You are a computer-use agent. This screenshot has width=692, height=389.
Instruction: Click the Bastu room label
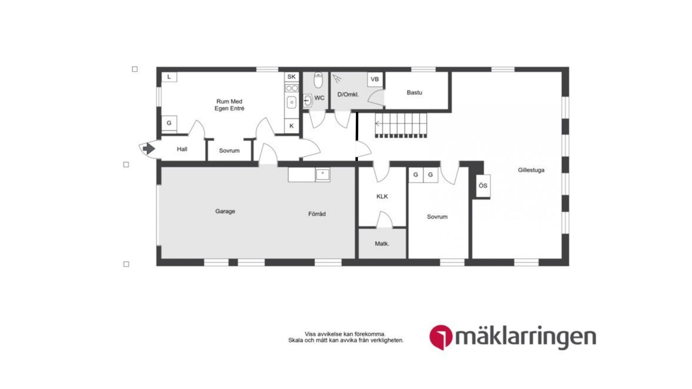click(414, 93)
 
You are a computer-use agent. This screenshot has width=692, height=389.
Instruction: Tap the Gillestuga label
click(531, 170)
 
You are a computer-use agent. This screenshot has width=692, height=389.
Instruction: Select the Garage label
click(225, 211)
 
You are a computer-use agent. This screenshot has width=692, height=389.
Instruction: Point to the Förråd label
click(317, 214)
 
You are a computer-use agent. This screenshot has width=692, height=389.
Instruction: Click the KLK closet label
click(382, 196)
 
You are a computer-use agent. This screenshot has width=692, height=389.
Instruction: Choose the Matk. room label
click(382, 243)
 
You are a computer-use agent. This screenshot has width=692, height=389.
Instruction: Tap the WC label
click(319, 98)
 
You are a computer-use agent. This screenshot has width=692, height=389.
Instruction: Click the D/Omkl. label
click(348, 95)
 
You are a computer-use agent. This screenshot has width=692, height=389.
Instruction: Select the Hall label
click(182, 149)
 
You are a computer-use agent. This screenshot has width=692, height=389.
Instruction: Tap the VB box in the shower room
click(374, 79)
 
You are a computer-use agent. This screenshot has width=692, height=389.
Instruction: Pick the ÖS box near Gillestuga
click(483, 185)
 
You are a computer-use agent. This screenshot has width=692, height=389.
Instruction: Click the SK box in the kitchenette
click(291, 77)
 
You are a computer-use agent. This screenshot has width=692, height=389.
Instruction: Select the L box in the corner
click(169, 77)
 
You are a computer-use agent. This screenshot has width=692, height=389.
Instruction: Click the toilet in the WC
click(318, 81)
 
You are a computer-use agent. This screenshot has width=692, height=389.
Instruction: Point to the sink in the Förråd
click(323, 175)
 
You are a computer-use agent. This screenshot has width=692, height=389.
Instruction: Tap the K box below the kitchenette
click(291, 126)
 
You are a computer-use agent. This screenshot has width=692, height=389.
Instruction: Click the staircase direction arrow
click(378, 124)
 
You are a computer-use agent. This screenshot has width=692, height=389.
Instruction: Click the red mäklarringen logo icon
click(441, 337)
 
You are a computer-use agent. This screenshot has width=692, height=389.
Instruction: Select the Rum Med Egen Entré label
click(229, 105)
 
